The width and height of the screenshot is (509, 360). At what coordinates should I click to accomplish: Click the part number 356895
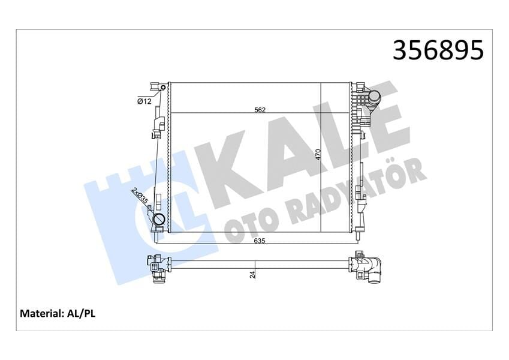click(x=437, y=51)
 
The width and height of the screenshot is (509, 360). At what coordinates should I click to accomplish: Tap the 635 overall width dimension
click(x=259, y=241)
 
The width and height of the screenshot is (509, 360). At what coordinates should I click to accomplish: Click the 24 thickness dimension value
click(x=252, y=274)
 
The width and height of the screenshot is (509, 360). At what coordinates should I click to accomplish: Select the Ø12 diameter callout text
click(x=144, y=101)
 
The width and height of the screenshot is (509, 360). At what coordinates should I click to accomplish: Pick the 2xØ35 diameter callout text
click(x=139, y=197)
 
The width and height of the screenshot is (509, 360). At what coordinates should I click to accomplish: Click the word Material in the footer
click(x=42, y=313)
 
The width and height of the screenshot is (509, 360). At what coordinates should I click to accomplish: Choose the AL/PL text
click(x=83, y=313)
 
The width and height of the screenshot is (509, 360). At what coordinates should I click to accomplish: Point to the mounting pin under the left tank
click(x=156, y=236)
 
